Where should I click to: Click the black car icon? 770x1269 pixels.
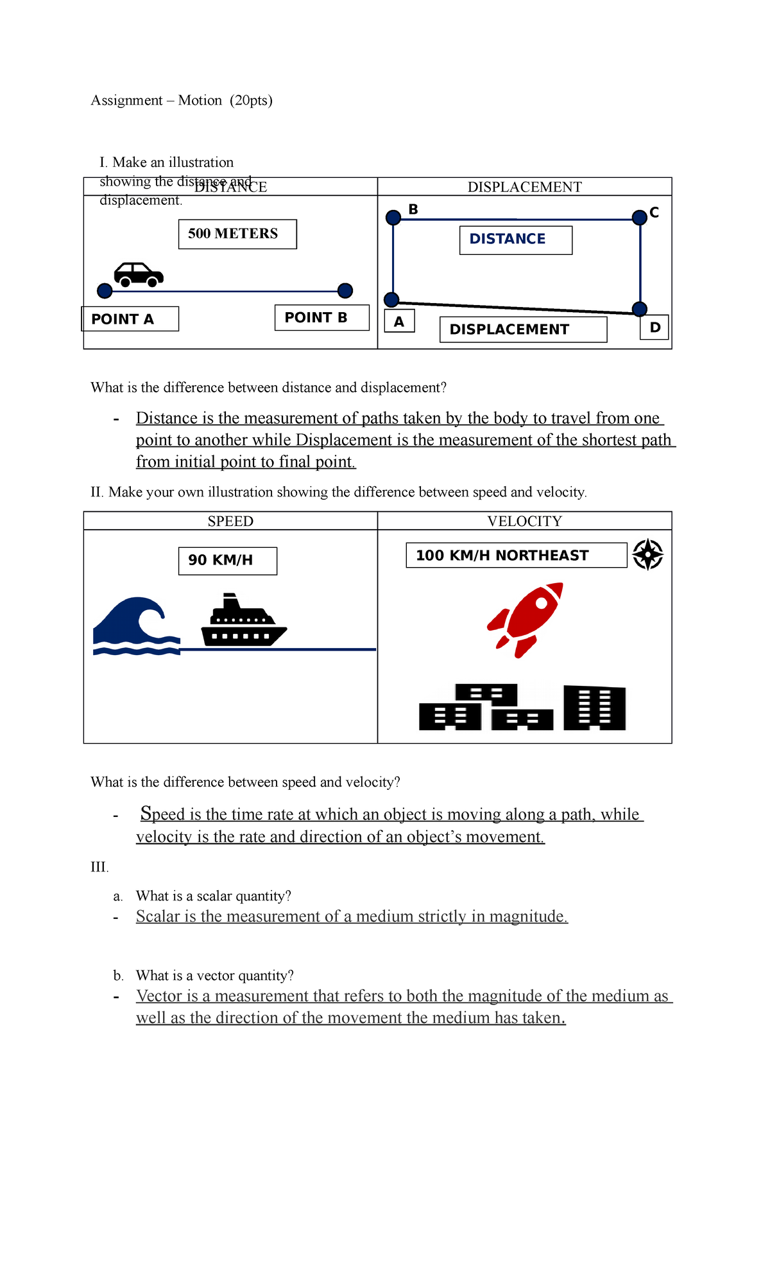point(139,274)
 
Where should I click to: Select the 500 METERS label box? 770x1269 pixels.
point(237,234)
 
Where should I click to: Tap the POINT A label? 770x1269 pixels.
point(130,319)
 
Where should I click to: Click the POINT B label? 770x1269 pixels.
point(321,317)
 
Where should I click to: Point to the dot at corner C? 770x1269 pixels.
point(639,218)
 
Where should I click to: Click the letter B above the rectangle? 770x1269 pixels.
point(413,209)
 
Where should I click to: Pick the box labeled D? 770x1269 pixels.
point(654,328)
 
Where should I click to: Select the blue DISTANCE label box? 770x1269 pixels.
point(515,240)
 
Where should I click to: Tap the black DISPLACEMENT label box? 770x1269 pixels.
point(523,329)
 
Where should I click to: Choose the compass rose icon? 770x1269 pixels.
point(647,554)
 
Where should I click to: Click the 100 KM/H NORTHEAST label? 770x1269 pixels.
point(516,556)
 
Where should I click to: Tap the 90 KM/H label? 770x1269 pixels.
point(227,561)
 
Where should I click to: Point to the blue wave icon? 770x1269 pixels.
point(135,626)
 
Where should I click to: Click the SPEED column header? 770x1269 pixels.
point(230,521)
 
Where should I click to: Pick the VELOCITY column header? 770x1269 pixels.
point(524,521)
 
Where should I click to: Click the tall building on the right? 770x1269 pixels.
point(594,708)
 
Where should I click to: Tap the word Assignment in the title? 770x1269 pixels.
point(127,100)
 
